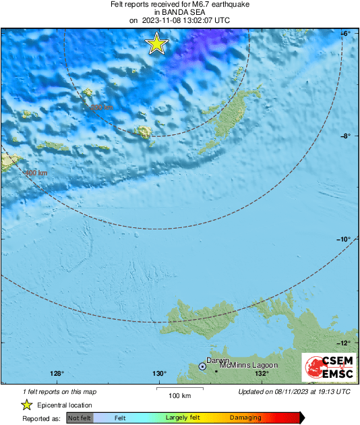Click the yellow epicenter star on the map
pyautogui.click(x=156, y=44)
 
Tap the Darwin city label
pyautogui.click(x=218, y=361)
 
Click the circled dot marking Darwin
pyautogui.click(x=202, y=366)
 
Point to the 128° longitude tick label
pyautogui.click(x=57, y=374)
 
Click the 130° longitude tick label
pyautogui.click(x=159, y=374)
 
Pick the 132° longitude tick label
pyautogui.click(x=262, y=374)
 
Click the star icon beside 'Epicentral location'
pyautogui.click(x=27, y=405)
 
